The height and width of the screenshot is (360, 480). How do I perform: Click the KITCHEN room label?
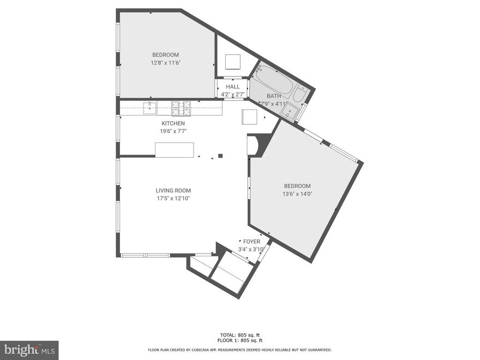pos(173,123)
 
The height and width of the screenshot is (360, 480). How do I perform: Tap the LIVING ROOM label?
pos(173,190)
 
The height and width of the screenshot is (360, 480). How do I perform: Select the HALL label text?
pos(233,87)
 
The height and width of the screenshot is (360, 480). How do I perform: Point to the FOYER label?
pos(251,241)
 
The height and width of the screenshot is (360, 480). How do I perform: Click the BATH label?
pos(274,96)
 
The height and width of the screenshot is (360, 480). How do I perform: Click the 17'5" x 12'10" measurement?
pos(173,199)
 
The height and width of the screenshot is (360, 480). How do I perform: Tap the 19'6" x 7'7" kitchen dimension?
pos(173,131)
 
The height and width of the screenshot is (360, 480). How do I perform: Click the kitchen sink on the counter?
pos(150,107)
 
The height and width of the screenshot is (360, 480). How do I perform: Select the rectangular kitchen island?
pos(175,150)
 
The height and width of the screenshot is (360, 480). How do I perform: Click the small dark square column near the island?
pos(220,156)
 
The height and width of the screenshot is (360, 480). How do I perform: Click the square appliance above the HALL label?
pos(233,62)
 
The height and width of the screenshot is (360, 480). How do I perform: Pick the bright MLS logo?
pos(29,350)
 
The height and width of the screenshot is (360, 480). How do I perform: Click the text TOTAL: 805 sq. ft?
pos(239,335)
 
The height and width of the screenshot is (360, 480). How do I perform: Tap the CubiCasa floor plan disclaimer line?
pos(239,350)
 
